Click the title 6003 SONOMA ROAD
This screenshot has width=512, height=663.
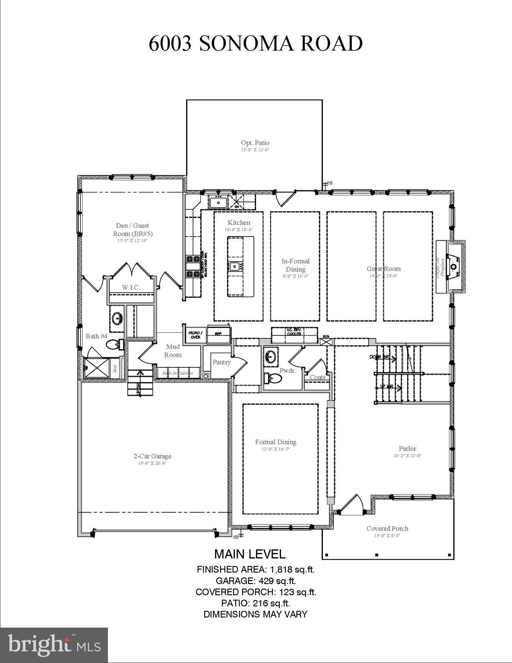coord(256,44)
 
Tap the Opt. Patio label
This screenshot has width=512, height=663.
coord(255,143)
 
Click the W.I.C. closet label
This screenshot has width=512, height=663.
coord(131,287)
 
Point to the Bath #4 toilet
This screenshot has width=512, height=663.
coord(113,344)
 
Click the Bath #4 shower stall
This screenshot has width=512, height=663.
coord(97,368)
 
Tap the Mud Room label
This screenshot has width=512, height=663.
coord(173,351)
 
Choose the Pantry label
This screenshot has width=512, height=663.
coord(221,362)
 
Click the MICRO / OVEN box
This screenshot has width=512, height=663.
coord(195,335)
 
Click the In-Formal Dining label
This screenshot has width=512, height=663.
coord(295,265)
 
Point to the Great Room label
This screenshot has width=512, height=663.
coord(384,269)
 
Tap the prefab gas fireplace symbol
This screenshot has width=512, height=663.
coord(452,267)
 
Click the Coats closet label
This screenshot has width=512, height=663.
coord(318,377)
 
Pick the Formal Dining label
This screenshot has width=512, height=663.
coord(275,442)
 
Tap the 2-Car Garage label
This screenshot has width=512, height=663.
coord(152,456)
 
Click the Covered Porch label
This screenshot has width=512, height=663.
coord(387,528)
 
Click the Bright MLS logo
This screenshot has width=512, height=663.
coord(54,645)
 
